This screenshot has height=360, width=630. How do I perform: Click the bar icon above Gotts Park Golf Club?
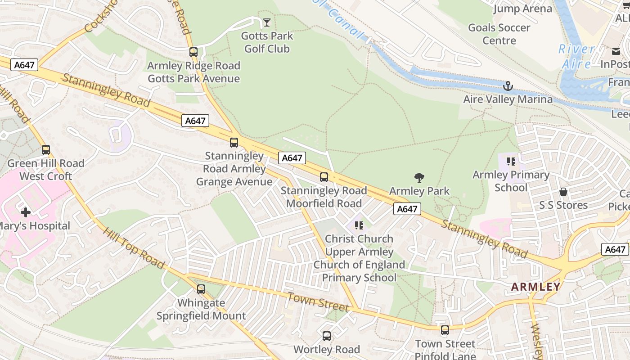[x=267, y=22]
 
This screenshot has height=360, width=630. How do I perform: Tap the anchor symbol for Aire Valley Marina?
[x=508, y=86]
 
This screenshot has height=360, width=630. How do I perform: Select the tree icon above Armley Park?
[x=419, y=178]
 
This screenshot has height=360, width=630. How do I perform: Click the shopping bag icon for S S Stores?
[x=563, y=192]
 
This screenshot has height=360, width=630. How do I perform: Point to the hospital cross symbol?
[x=26, y=212]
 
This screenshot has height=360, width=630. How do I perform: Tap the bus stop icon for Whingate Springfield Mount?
[x=201, y=289]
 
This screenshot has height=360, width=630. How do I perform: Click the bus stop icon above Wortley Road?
[x=327, y=336]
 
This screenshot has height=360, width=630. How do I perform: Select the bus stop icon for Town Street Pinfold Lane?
[x=445, y=331]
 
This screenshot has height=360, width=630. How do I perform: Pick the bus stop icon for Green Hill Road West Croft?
[x=46, y=150]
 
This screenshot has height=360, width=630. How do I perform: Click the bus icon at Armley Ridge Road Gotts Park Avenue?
[x=193, y=52]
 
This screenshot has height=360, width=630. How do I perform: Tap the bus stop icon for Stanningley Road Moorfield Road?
[x=324, y=177]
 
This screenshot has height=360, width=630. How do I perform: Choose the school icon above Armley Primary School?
[x=511, y=161]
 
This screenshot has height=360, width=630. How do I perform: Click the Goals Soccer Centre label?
[x=499, y=34]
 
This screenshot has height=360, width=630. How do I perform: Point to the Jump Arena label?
[x=522, y=9]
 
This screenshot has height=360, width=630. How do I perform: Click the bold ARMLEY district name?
[x=536, y=287]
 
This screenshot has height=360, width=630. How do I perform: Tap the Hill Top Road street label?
[x=134, y=248]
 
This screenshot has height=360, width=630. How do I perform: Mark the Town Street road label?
[x=318, y=301]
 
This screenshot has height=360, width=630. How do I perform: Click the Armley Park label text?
[x=419, y=191]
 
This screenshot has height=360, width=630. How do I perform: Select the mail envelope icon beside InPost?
[x=616, y=51]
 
